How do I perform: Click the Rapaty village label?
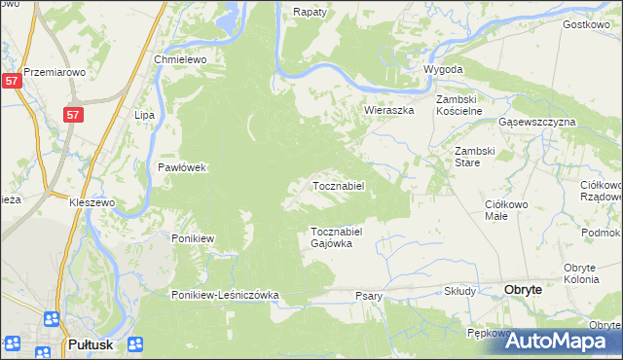(309, 12)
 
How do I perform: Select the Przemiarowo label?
(55, 72)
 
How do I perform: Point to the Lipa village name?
(145, 115)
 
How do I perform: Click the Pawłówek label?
(183, 167)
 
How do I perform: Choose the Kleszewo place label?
(92, 202)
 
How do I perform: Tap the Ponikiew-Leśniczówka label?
(226, 295)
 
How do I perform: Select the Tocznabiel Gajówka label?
(337, 237)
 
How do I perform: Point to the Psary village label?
(369, 296)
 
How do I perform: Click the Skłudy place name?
(459, 291)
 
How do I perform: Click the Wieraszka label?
(389, 111)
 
